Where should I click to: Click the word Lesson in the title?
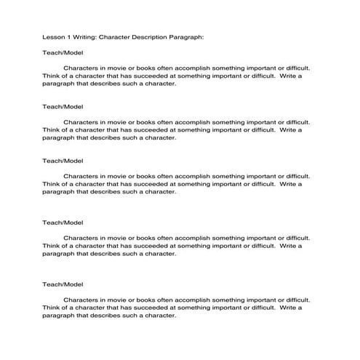pyautogui.click(x=53, y=36)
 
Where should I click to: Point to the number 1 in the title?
pyautogui.click(x=68, y=36)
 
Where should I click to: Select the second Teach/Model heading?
pyautogui.click(x=63, y=106)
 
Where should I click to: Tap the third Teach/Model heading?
pyautogui.click(x=63, y=161)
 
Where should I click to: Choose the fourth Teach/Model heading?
pyautogui.click(x=63, y=222)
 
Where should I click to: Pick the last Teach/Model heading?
pyautogui.click(x=63, y=284)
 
